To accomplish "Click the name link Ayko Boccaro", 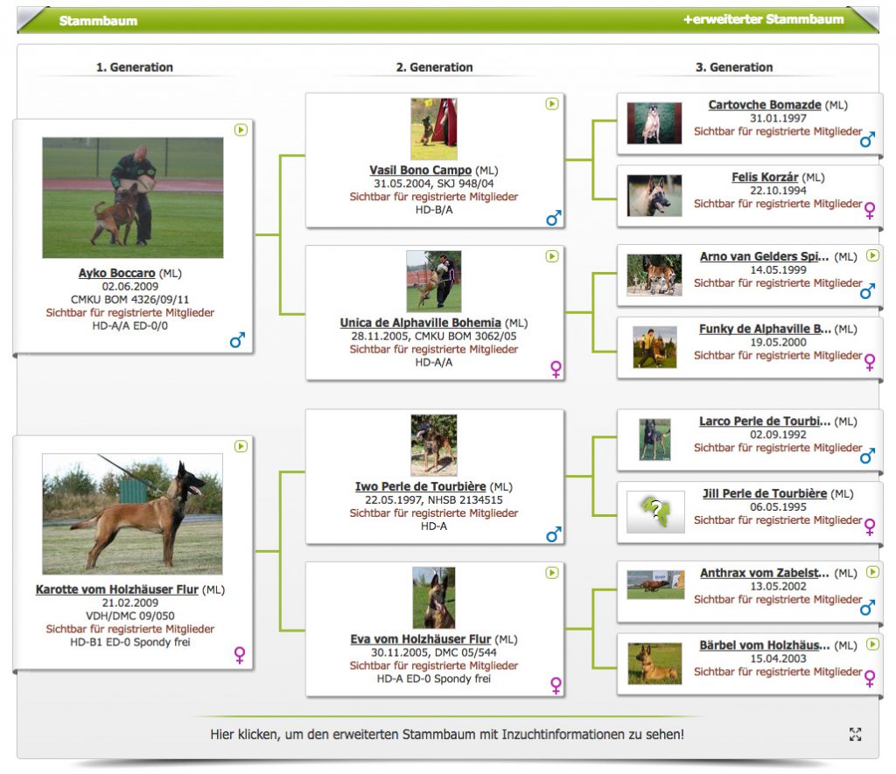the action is coord(116,273).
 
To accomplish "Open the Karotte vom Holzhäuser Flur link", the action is coord(116,589).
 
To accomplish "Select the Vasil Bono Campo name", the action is coord(420,171).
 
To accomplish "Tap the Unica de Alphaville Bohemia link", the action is coord(420,323).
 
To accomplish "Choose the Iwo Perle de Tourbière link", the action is coord(420,486).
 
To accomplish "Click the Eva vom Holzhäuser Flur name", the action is coord(420,639).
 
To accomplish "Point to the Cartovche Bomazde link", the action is coord(765,105).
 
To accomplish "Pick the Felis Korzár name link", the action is coord(765,177).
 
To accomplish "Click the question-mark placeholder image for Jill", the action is coord(655,512).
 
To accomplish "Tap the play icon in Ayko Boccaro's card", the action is coord(241,129).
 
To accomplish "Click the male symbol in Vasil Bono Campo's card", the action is coord(554,218).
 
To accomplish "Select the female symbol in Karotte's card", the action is coord(240,654).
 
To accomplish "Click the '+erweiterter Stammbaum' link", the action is coord(763,19).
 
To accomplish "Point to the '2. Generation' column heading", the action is coord(434,67).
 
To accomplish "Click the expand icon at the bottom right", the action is coord(855,734).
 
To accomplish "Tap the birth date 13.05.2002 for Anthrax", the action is coord(778,586).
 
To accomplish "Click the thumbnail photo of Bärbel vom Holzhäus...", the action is coord(654,664).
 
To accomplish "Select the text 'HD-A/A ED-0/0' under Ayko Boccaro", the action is coord(130,325).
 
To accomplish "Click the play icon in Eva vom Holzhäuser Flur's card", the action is coord(551,572).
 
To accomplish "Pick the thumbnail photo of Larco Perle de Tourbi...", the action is coord(654,439).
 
